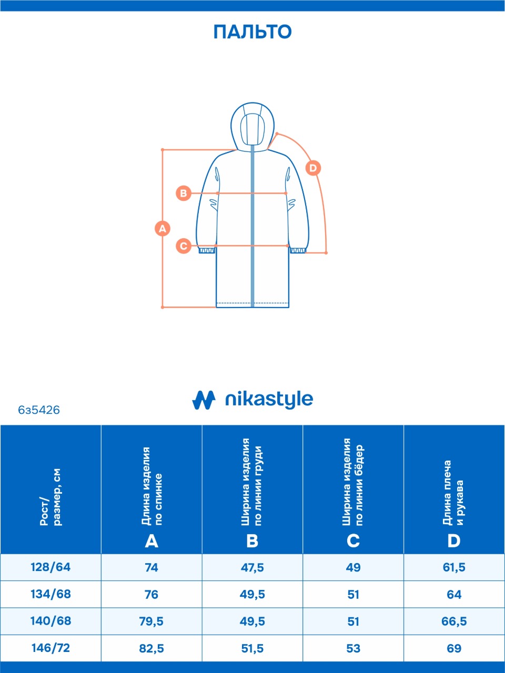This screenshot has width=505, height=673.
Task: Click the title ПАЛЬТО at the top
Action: [252, 32]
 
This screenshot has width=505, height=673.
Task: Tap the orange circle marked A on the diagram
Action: [163, 229]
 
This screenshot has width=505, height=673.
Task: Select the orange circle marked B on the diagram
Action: [183, 193]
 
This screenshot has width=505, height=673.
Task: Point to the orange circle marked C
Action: [183, 246]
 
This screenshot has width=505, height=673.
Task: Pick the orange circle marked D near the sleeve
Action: [313, 168]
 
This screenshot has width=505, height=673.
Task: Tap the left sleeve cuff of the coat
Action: [207, 250]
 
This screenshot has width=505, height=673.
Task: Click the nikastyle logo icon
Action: [204, 400]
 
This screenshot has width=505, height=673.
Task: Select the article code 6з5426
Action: [39, 410]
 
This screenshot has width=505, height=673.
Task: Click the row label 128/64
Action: [50, 567]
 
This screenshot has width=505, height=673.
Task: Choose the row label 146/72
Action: [50, 648]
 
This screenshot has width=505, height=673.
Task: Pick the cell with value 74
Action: [151, 568]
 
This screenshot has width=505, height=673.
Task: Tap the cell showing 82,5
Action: [151, 648]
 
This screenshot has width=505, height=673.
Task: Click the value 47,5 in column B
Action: [252, 568]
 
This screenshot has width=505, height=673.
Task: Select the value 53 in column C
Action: [353, 648]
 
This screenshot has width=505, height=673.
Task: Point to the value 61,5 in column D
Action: [454, 568]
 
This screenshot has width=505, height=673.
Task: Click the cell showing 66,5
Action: [454, 621]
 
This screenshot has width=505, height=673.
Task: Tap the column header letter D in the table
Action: [453, 541]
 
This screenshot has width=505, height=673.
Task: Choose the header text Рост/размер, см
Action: [50, 497]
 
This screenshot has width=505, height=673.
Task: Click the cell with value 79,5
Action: [151, 621]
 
